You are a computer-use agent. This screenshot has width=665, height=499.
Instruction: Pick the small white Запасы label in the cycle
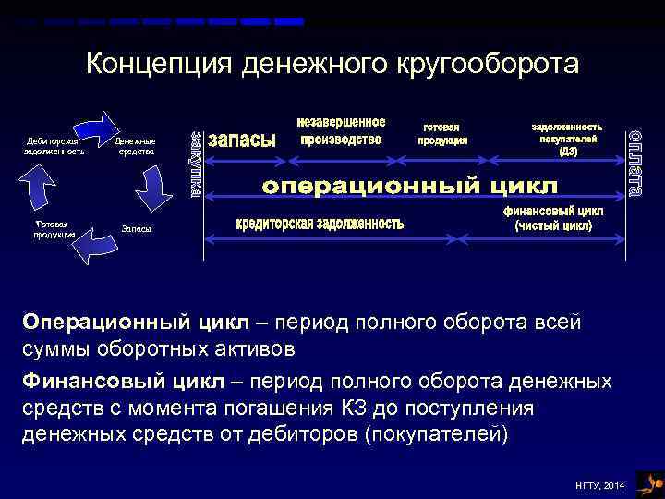pos(137,227)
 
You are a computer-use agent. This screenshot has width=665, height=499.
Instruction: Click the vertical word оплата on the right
pos(636,164)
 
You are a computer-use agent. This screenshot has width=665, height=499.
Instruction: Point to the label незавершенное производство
pos(341,131)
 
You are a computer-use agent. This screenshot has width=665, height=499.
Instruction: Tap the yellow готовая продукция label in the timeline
pos(443,134)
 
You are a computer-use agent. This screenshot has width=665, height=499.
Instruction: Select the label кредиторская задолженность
pos(320,224)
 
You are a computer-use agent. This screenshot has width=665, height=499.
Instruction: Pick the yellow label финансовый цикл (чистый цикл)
pos(553,218)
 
